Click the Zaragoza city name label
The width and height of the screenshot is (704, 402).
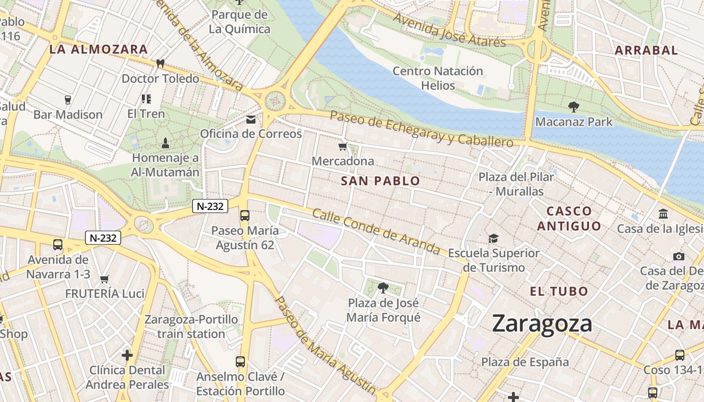pos(542,323)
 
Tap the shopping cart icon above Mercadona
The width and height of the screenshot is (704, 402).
pos(343,147)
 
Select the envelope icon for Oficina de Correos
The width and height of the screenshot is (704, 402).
pos(250,120)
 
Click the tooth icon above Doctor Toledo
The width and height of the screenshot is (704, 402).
pos(160,64)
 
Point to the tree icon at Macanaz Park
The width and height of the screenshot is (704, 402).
pos(573,107)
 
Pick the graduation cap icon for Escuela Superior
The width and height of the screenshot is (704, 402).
pos(494,238)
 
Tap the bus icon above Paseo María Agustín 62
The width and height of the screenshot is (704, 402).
pos(245,216)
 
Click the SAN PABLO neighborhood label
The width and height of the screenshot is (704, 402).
pos(380,181)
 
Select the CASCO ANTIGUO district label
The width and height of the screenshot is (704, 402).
pos(569,219)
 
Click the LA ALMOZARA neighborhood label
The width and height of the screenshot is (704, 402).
pos(99,49)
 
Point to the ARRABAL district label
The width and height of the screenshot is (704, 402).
pos(646,50)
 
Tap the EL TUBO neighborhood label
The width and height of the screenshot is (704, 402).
pos(559,291)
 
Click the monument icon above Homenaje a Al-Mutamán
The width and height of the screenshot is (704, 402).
pos(165,143)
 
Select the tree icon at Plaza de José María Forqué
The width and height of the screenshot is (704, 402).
pos(383,288)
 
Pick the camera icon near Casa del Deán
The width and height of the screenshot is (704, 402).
pos(678,257)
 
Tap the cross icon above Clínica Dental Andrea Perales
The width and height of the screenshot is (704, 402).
pos(127,355)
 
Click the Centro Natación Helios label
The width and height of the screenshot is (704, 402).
pos(437,78)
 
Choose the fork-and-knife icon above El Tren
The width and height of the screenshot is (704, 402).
pos(146,99)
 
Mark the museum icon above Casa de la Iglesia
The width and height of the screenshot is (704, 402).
pos(663,214)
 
